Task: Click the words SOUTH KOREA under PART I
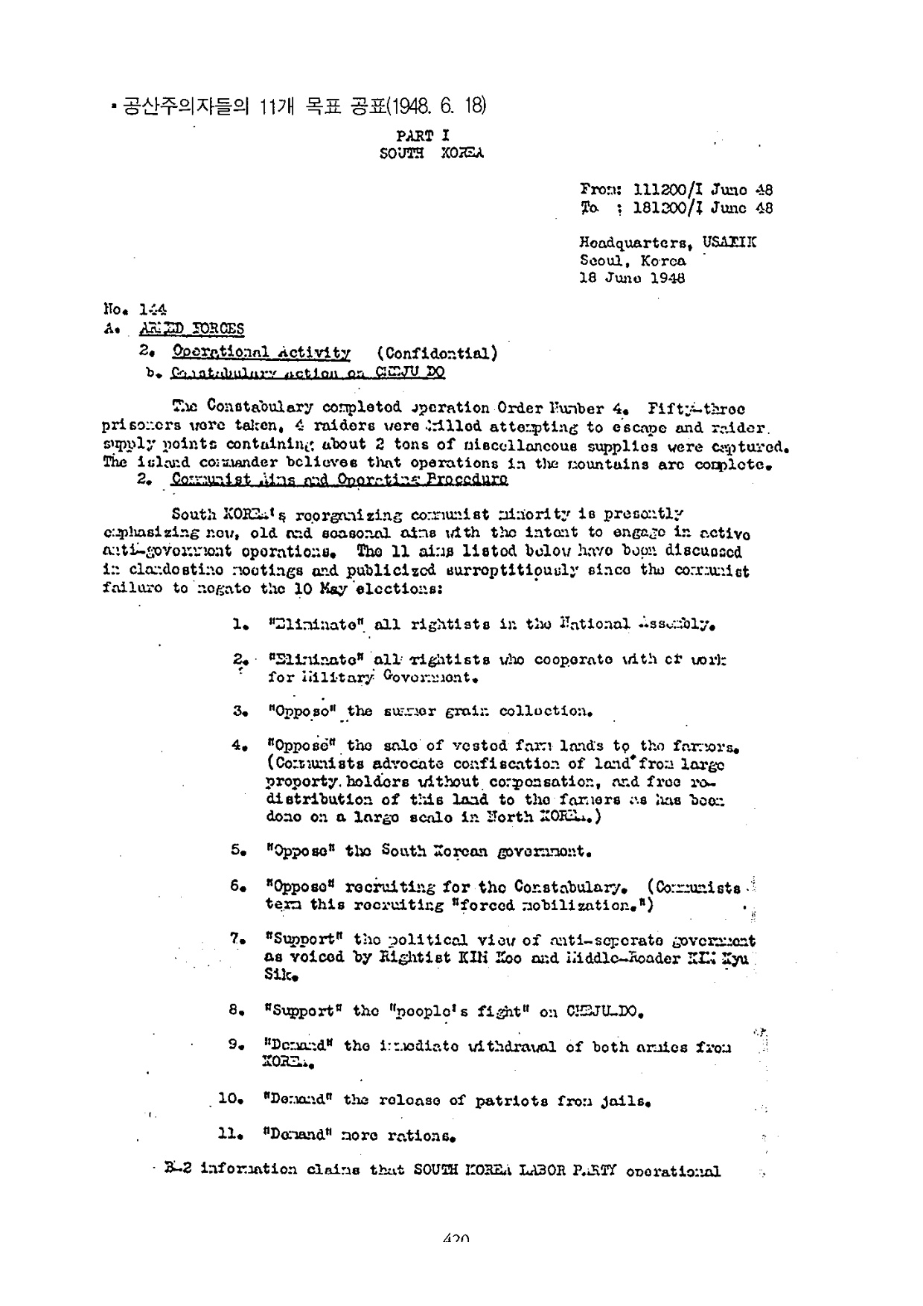(432, 154)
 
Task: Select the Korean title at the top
(298, 106)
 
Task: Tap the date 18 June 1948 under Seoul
(632, 278)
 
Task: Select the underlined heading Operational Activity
(261, 352)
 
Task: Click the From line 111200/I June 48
(676, 191)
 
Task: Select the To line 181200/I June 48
(676, 208)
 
